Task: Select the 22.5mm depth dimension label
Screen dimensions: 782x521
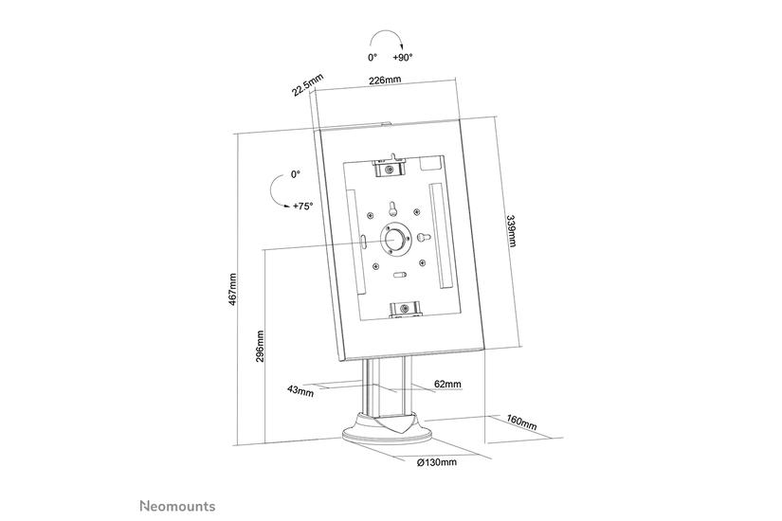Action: coord(302,81)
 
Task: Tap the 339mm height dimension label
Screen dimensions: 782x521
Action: coord(513,231)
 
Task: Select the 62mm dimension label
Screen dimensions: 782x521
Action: coord(448,384)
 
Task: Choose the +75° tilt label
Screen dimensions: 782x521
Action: coord(302,206)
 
